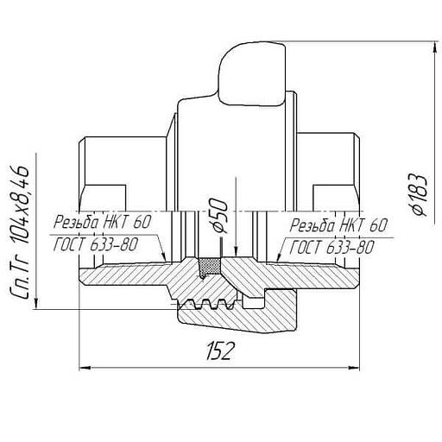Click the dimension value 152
(x=219, y=350)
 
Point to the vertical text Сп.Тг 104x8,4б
(x=20, y=232)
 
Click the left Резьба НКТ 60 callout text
(x=103, y=222)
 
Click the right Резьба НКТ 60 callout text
(x=338, y=225)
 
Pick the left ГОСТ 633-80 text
(x=96, y=244)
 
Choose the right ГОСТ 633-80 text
(x=332, y=248)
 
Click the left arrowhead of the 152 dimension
(x=85, y=368)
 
